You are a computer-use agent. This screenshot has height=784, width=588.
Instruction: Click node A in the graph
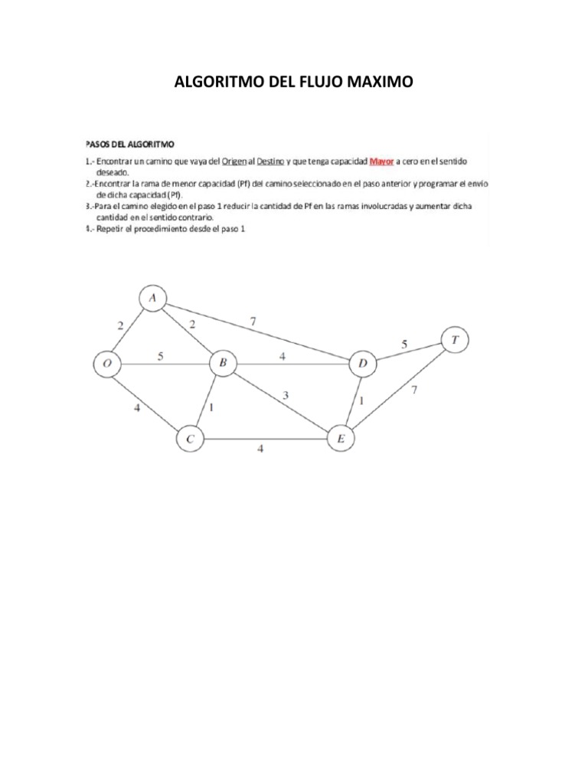(153, 299)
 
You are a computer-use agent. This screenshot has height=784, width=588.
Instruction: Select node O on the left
(108, 365)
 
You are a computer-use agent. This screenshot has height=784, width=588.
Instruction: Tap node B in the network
(223, 364)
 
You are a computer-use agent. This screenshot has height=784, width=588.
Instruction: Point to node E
(341, 439)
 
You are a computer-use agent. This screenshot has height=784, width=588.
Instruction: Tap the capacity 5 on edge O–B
(162, 355)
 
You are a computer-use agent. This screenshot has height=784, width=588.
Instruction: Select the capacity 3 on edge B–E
(286, 395)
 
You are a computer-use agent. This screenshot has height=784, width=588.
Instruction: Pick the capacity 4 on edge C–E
(260, 449)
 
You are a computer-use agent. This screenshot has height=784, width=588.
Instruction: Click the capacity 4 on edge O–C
(137, 408)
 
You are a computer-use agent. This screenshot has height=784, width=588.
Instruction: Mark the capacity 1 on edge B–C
(211, 407)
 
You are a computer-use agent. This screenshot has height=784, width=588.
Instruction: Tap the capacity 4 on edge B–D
(283, 355)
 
